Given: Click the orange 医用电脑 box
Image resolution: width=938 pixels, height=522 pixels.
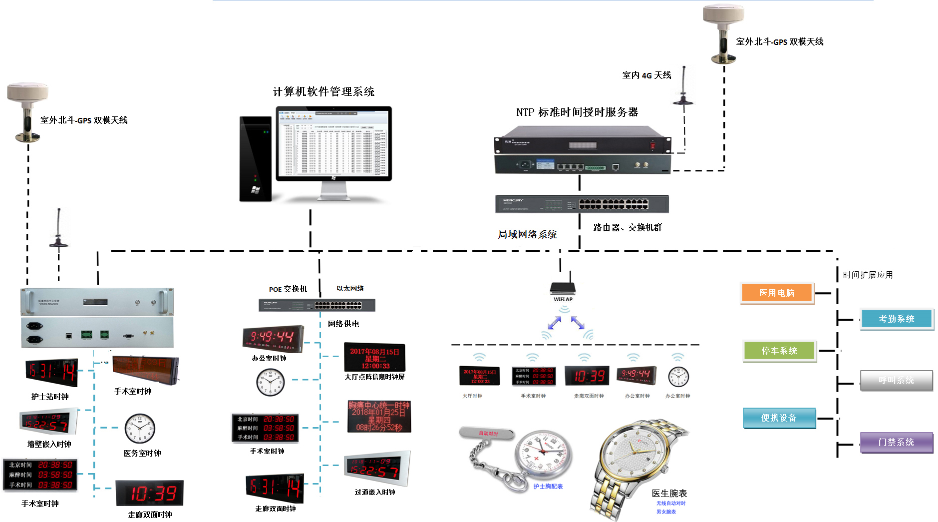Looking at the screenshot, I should pyautogui.click(x=777, y=293).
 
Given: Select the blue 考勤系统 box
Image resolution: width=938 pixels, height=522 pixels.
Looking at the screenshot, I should pyautogui.click(x=897, y=319).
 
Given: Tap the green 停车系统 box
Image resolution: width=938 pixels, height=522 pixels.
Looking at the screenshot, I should pyautogui.click(x=779, y=351).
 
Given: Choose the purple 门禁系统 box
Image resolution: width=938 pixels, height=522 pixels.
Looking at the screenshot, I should pyautogui.click(x=896, y=442).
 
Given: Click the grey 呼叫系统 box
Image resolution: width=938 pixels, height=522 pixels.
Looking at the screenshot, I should pyautogui.click(x=896, y=381).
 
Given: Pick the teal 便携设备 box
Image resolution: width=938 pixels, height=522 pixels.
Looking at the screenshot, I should pyautogui.click(x=779, y=418).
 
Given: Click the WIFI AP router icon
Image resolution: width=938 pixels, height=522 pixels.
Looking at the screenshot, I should pyautogui.click(x=563, y=288).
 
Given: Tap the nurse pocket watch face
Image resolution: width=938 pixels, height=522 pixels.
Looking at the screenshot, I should pyautogui.click(x=543, y=452).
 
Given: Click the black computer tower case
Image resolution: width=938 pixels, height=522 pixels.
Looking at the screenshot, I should pyautogui.click(x=255, y=159).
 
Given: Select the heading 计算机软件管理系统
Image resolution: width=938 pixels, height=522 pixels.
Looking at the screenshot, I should pyautogui.click(x=323, y=92).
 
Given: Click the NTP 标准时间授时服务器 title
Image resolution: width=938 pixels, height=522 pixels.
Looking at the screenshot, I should pyautogui.click(x=577, y=112).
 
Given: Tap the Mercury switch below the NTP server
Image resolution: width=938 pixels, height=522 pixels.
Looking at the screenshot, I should pyautogui.click(x=582, y=204).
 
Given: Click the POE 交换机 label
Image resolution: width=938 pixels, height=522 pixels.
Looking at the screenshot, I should pyautogui.click(x=288, y=289).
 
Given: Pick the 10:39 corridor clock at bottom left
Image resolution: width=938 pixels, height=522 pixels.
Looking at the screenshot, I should pyautogui.click(x=150, y=493).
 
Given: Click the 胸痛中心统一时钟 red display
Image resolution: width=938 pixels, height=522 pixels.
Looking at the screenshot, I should pyautogui.click(x=379, y=416).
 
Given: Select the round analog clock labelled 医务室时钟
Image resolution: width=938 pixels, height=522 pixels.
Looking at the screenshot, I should pyautogui.click(x=140, y=429).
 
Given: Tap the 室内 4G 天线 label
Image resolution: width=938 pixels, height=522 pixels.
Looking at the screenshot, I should pyautogui.click(x=646, y=75).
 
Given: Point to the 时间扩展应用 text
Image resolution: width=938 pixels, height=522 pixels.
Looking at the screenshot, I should pyautogui.click(x=868, y=275).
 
